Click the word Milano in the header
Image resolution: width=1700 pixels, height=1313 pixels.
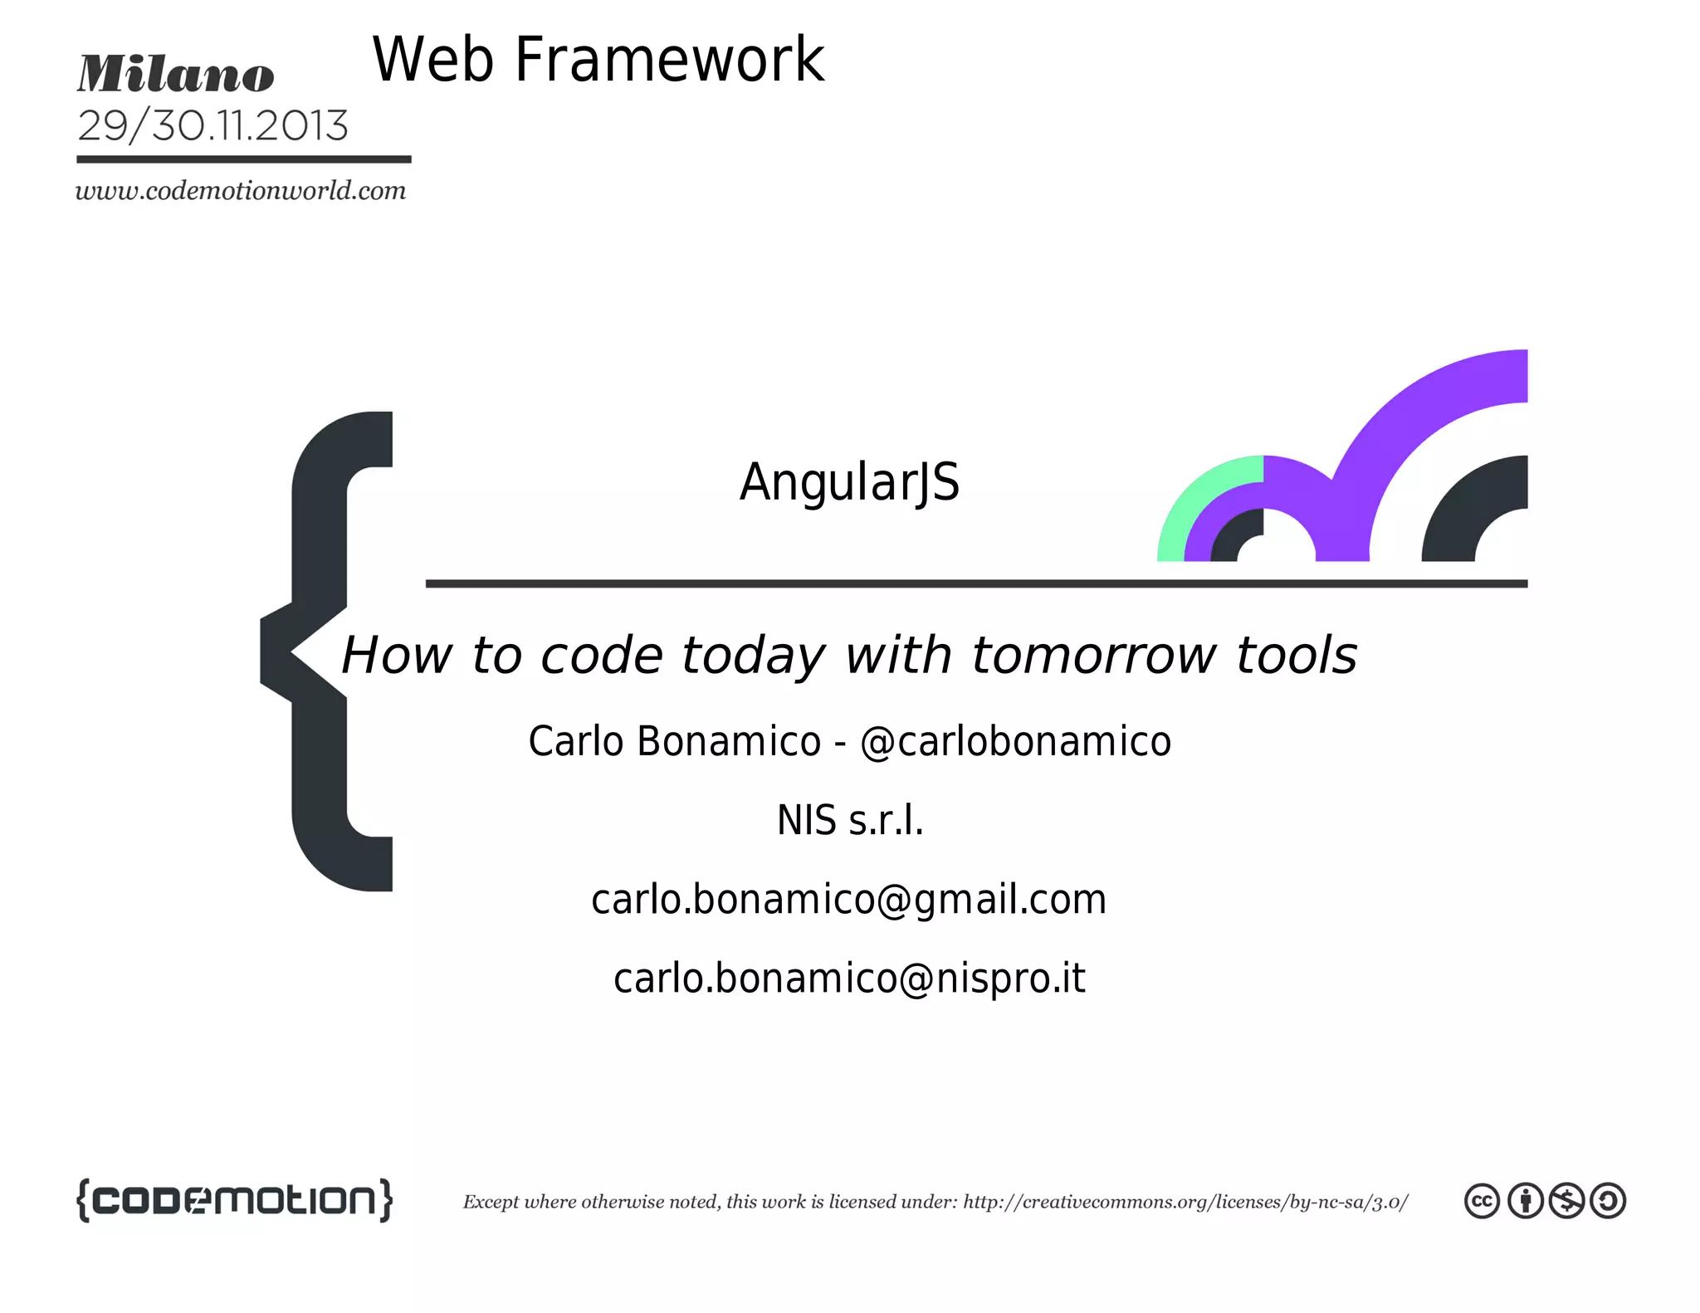[176, 75]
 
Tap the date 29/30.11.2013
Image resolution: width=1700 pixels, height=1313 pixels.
[212, 126]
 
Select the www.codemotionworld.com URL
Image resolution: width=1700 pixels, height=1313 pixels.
[241, 191]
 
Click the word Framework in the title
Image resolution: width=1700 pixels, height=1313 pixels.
[669, 60]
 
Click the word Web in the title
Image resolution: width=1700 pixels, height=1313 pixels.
[432, 60]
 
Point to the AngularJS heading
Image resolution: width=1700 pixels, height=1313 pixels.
[849, 481]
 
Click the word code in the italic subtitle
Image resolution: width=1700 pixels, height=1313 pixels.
[602, 656]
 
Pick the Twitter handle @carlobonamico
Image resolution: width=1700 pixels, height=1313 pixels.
[1015, 741]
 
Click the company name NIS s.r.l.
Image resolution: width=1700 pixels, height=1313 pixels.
[849, 820]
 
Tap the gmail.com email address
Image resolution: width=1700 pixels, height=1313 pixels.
[848, 899]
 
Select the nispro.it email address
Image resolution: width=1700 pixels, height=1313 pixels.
[848, 978]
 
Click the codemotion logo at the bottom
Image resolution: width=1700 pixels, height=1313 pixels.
[234, 1200]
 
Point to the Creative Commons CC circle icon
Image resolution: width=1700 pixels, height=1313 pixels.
[1482, 1201]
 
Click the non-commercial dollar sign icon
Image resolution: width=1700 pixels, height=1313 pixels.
[1566, 1201]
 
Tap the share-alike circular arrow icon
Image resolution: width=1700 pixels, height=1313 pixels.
[1608, 1201]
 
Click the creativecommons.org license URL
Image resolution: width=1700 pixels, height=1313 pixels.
[1185, 1202]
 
